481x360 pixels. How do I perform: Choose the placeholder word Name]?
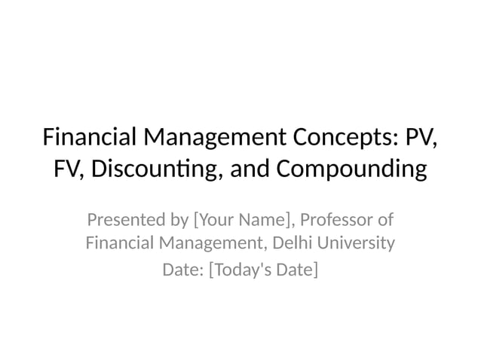point(267,221)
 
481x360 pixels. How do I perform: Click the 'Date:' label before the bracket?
point(183,268)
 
